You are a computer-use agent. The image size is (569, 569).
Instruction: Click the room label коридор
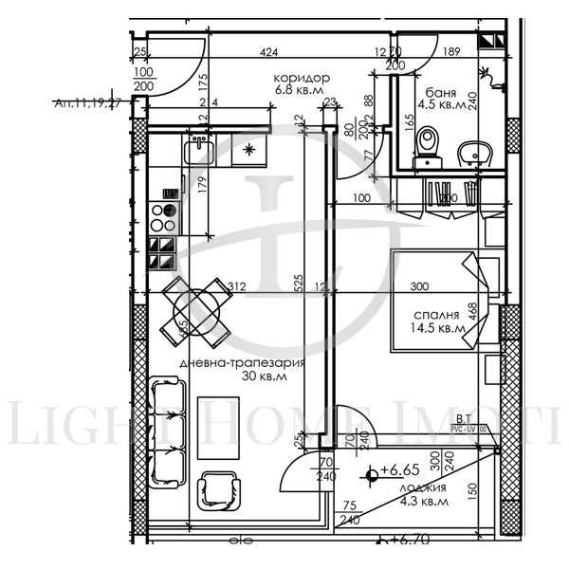tap(301, 78)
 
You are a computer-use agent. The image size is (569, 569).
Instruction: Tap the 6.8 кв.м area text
tap(301, 91)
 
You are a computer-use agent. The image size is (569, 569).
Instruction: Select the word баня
tap(442, 93)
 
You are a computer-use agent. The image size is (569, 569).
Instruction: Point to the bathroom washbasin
tap(471, 153)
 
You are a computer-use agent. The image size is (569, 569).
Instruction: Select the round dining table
tap(196, 308)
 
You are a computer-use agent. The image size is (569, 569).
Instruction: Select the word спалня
tap(436, 315)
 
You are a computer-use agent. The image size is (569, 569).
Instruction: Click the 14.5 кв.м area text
tap(439, 329)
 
